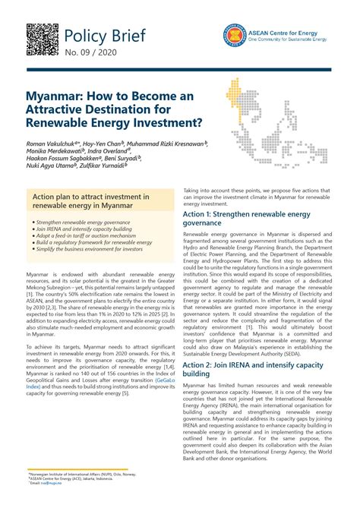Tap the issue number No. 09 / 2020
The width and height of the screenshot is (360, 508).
click(87, 53)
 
